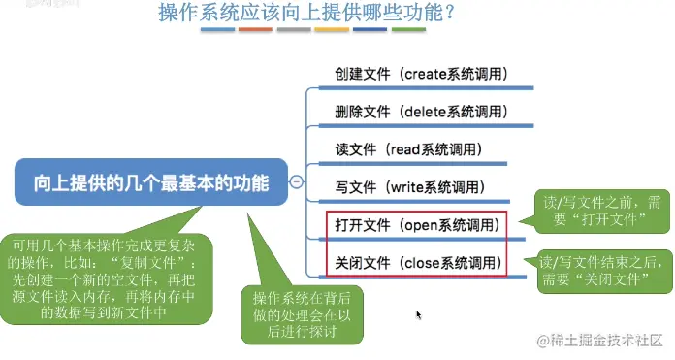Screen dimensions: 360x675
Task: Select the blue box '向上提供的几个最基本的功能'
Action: coord(151,182)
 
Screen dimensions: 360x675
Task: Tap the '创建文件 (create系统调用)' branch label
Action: coord(421,74)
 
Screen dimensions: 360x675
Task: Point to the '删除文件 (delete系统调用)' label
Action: coord(421,112)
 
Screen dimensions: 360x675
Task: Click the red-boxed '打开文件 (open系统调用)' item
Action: coord(416,225)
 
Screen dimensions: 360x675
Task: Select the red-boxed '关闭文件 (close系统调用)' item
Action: coord(416,262)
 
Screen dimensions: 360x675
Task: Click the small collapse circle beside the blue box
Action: coord(297,182)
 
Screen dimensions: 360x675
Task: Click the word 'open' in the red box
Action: coord(424,225)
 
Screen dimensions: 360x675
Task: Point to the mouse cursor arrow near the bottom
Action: coord(418,315)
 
